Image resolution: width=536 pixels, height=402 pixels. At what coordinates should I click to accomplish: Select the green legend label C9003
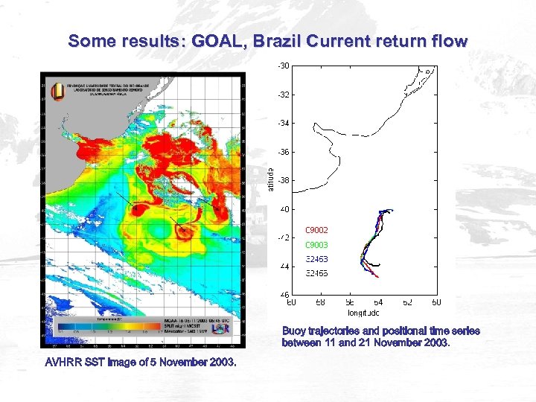(x=316, y=245)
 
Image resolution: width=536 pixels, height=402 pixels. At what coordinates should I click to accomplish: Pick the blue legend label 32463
(x=316, y=259)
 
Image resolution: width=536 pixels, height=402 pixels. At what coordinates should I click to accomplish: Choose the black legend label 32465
(x=316, y=274)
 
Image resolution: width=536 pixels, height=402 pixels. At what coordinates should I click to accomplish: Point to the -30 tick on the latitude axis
(x=284, y=66)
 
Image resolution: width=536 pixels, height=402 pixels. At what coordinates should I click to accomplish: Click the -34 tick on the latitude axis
(x=284, y=124)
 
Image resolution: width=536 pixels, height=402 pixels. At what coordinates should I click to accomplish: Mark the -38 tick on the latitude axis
(x=284, y=180)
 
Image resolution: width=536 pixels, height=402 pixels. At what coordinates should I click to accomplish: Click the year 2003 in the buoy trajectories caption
(x=436, y=343)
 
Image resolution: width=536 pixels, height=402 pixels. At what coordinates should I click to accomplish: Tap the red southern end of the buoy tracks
(x=377, y=276)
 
